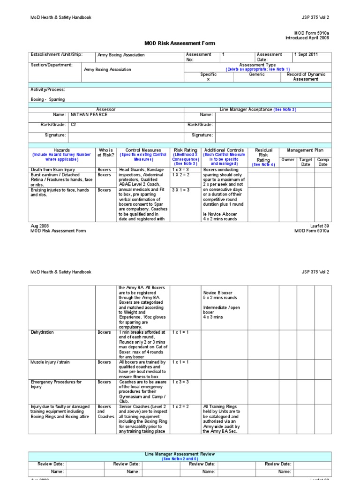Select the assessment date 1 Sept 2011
click(x=306, y=54)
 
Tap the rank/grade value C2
click(x=73, y=125)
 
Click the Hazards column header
click(x=61, y=150)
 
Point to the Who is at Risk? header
click(x=105, y=153)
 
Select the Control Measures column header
click(x=143, y=150)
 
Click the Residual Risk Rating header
click(x=263, y=155)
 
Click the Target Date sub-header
click(x=306, y=162)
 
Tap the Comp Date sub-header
click(x=323, y=162)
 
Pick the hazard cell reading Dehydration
click(x=42, y=332)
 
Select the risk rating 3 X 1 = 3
click(x=180, y=190)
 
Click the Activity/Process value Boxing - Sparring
click(x=48, y=99)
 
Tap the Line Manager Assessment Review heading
click(x=180, y=454)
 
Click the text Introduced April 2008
click(x=307, y=37)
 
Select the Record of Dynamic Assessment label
click(x=306, y=77)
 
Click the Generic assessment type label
click(x=256, y=75)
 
